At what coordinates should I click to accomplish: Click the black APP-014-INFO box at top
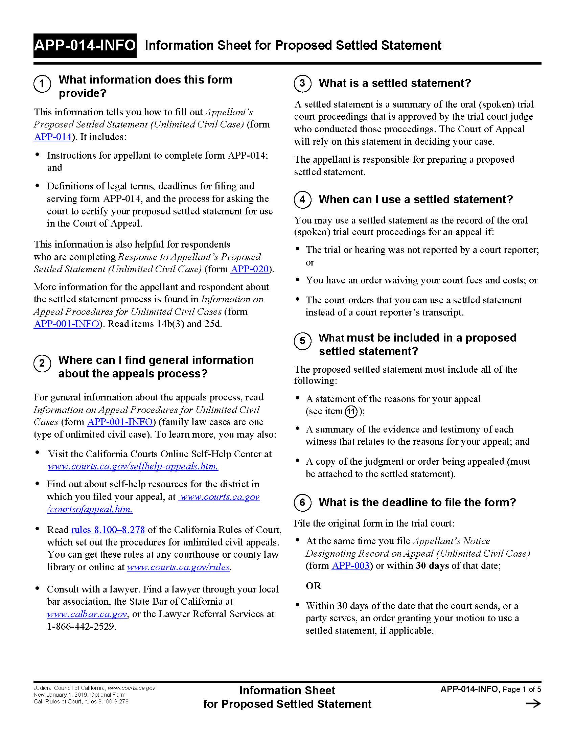[85, 45]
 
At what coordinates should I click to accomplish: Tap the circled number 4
[302, 199]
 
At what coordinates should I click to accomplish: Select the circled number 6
[302, 503]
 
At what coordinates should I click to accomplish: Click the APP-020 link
[250, 269]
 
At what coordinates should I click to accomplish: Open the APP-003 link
[350, 566]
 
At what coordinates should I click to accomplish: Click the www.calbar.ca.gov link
[87, 614]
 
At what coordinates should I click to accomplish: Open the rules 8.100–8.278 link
[108, 530]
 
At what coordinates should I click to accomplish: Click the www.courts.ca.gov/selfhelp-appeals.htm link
[133, 466]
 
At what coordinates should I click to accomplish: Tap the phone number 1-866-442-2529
[82, 626]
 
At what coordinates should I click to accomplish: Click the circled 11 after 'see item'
[351, 412]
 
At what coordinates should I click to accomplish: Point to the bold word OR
[314, 586]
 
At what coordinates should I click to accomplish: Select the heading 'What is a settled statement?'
[394, 83]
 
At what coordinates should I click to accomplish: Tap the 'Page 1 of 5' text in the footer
[522, 690]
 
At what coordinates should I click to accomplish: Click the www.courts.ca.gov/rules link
[178, 567]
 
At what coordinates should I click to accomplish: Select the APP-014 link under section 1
[53, 137]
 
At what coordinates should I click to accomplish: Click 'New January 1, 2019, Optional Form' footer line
[79, 695]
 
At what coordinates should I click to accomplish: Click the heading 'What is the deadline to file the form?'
[417, 503]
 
